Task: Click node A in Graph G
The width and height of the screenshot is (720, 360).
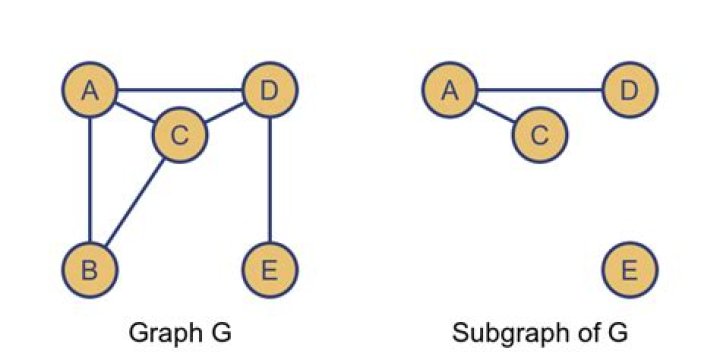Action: click(90, 92)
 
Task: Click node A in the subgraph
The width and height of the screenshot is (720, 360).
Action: click(450, 92)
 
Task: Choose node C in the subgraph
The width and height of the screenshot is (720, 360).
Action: click(540, 135)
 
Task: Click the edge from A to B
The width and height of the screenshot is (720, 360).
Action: click(90, 180)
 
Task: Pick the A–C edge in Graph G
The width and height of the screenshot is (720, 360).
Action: click(135, 113)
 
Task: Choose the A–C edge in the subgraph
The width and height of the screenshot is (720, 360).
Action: click(495, 113)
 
